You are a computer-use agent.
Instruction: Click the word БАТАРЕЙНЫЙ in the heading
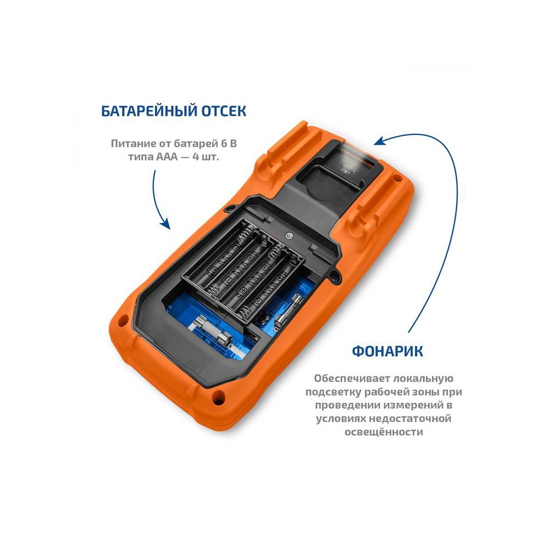coord(149,111)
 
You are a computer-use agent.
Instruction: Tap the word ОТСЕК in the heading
coord(224,111)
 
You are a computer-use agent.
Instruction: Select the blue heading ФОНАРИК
coord(387,351)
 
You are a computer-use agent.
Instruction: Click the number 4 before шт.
coord(196,156)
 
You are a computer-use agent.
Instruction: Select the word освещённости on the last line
coord(383,432)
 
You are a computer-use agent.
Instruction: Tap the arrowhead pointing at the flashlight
coord(380,141)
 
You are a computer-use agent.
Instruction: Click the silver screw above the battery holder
coord(289,235)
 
